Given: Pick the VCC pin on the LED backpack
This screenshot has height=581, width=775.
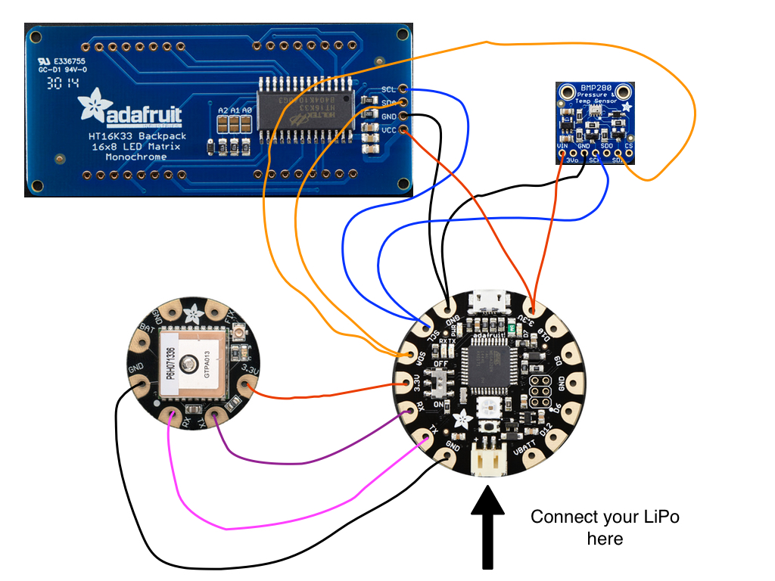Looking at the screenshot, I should [403, 131].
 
